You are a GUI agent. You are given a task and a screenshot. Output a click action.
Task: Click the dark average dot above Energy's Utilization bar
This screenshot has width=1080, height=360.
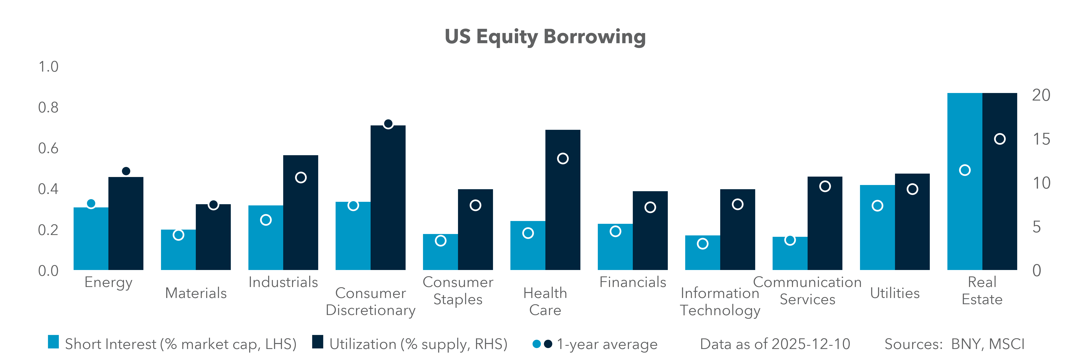click(x=126, y=171)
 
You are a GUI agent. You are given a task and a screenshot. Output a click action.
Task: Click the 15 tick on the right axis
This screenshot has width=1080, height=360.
click(x=1041, y=139)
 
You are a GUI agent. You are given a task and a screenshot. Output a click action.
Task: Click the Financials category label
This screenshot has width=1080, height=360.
click(x=633, y=282)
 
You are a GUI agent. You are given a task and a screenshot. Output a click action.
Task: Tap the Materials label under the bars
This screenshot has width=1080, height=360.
click(x=196, y=293)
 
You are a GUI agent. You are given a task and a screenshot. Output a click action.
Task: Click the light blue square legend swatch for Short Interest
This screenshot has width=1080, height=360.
click(x=53, y=342)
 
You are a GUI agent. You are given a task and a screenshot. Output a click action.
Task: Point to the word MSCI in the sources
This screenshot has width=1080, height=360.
click(x=1006, y=344)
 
